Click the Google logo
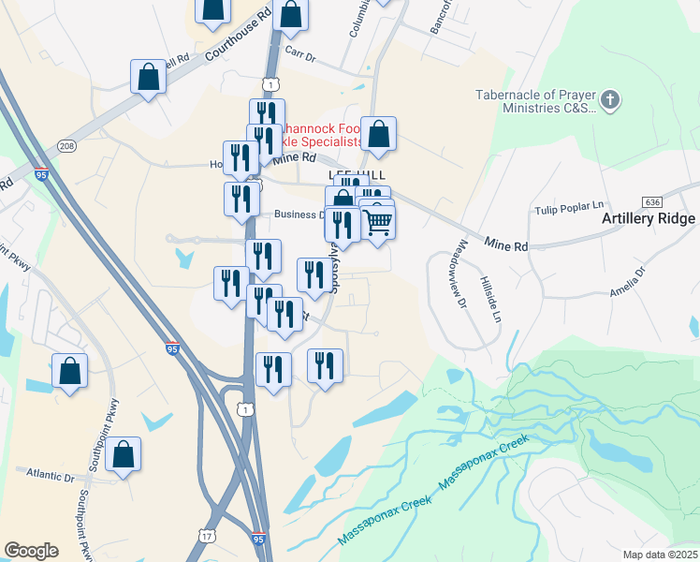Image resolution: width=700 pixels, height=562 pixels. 32,551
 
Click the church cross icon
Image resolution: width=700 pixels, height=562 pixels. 611,99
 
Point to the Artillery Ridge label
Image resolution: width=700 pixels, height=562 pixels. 649,219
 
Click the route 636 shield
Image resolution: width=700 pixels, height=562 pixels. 653,202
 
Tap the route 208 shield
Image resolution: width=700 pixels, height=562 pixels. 66,146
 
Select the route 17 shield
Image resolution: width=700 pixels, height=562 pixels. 205,533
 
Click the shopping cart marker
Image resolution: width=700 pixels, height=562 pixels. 377,222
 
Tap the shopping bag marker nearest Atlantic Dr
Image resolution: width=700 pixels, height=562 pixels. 123,455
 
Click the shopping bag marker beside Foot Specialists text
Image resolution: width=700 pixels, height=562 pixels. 378,135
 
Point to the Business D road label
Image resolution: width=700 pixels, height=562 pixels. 299,214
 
